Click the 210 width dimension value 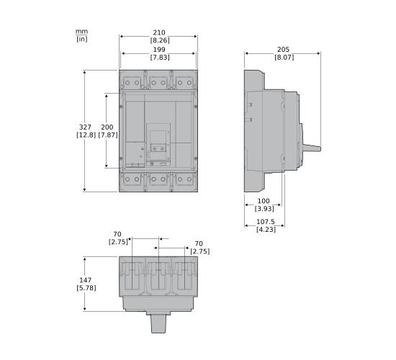tap(159, 32)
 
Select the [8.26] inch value tap(159, 40)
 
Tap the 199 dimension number tap(159, 50)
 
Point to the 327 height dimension tap(84, 127)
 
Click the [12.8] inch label tap(84, 135)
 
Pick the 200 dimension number tap(107, 127)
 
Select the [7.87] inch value tap(107, 135)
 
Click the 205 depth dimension tap(283, 50)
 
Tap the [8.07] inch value tap(283, 57)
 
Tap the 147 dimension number tap(84, 279)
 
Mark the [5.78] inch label tap(84, 288)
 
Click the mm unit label tap(81, 31)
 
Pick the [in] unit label tap(81, 39)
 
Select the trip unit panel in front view tap(158, 143)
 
